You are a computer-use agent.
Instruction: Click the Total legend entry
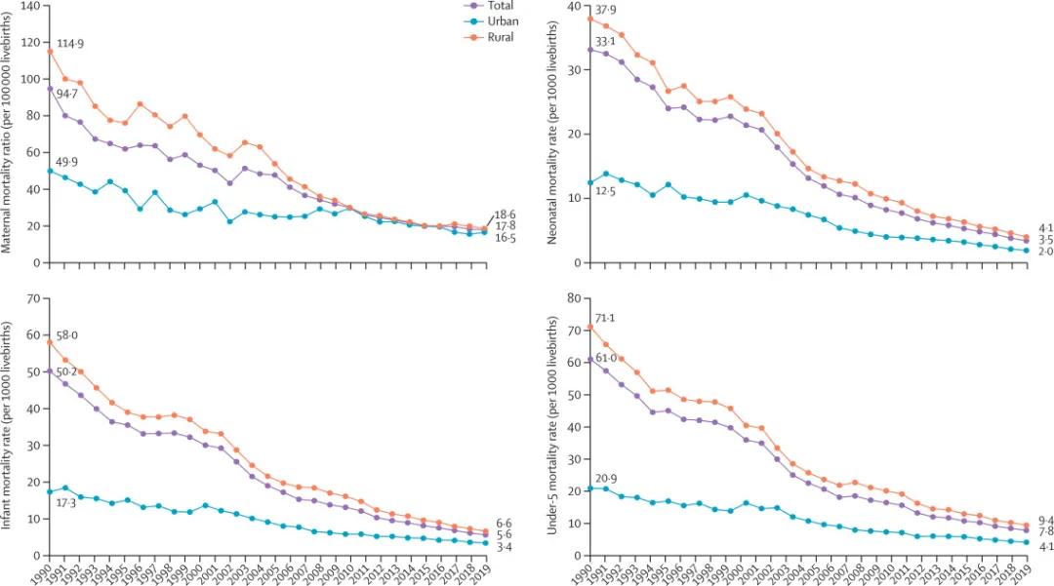point(501,5)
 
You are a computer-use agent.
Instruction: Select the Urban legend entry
point(502,20)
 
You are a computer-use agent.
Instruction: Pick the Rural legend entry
point(501,37)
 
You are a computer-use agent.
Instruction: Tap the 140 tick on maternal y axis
point(28,6)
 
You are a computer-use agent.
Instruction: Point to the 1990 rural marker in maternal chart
point(49,52)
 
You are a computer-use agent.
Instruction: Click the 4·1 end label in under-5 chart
point(1039,547)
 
